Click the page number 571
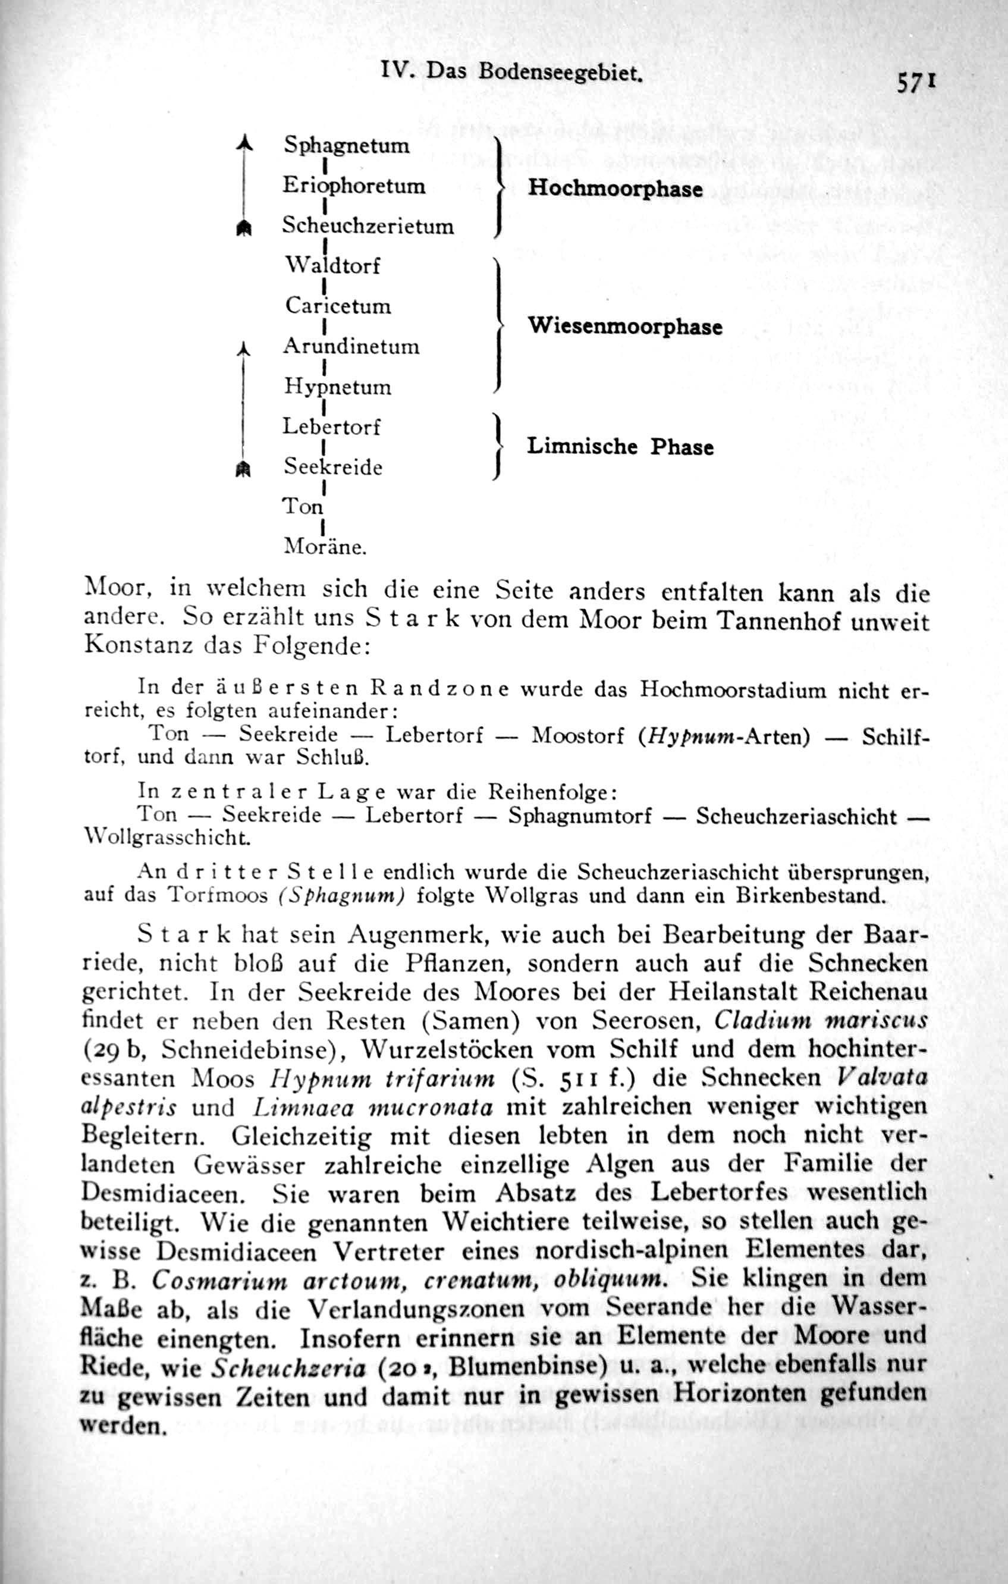pos(915,83)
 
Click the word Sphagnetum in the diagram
pos(347,145)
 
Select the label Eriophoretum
pos(354,186)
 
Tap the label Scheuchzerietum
pos(368,225)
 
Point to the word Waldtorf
pos(332,266)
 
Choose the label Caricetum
pos(338,306)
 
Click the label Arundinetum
pos(350,346)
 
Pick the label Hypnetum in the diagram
pos(337,387)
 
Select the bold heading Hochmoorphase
pos(615,189)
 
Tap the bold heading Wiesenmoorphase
pos(624,327)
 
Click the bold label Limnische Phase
pos(620,447)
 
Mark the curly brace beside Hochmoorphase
pos(499,187)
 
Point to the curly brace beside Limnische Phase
pos(499,447)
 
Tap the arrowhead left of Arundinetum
pos(244,348)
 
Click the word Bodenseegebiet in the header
pos(560,71)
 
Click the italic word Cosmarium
pos(219,1280)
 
